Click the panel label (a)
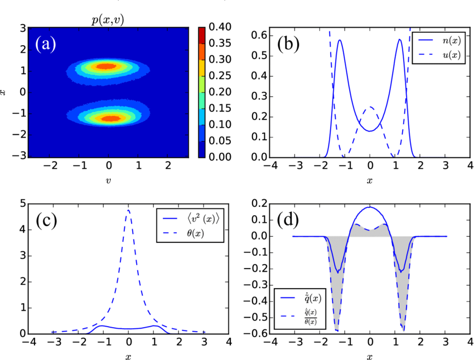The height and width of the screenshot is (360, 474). click(x=45, y=44)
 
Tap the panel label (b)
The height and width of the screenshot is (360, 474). click(x=288, y=44)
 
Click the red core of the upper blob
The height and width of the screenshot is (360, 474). click(x=106, y=66)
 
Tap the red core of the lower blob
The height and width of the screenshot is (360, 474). click(x=112, y=118)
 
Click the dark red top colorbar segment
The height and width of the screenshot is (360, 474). click(x=202, y=35)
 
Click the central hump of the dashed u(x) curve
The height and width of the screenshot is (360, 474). click(x=369, y=107)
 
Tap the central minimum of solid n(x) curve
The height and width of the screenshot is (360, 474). click(x=370, y=131)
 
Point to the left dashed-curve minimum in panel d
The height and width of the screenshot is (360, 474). click(x=337, y=330)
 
